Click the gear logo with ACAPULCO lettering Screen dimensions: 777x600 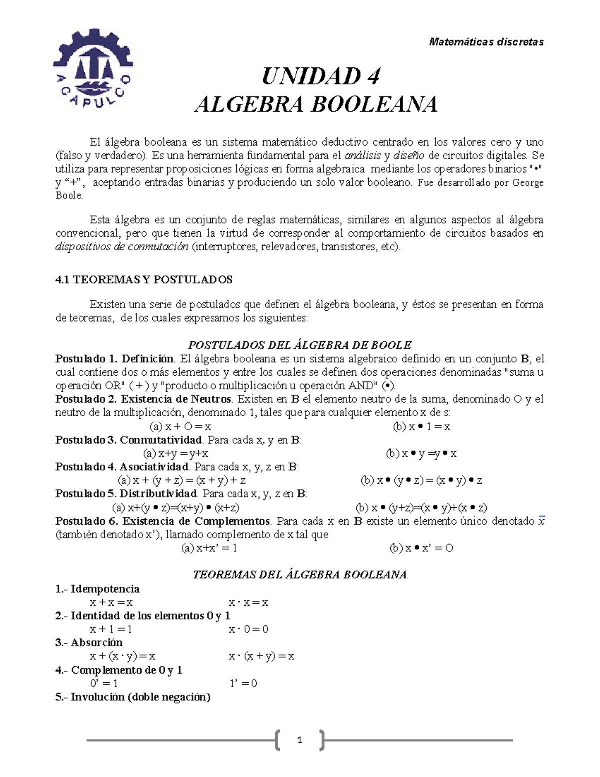point(93,67)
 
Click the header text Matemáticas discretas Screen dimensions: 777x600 point(486,42)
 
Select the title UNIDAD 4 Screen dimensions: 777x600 point(321,77)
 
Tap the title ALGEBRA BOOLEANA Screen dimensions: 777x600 point(316,105)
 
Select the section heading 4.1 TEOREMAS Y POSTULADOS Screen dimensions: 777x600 point(144,280)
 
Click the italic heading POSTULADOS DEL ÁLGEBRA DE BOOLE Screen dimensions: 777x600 point(299,345)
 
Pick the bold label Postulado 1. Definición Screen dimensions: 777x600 point(115,359)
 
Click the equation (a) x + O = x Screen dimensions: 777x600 point(180,427)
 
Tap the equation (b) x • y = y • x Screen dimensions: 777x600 point(421,454)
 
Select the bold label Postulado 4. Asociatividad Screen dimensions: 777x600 point(122,467)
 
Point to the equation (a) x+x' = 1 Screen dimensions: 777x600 point(209,548)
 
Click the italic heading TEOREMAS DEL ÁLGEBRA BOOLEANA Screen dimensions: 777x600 point(300,575)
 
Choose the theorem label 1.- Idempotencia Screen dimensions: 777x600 point(97,589)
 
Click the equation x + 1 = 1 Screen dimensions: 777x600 point(111,629)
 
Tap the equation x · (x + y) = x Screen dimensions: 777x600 point(261,656)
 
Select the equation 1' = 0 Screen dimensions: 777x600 point(243,683)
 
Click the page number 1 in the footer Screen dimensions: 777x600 point(299,740)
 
